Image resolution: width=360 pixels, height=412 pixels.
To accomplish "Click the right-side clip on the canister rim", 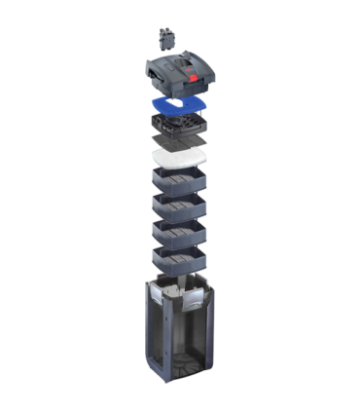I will pos(208,292).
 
